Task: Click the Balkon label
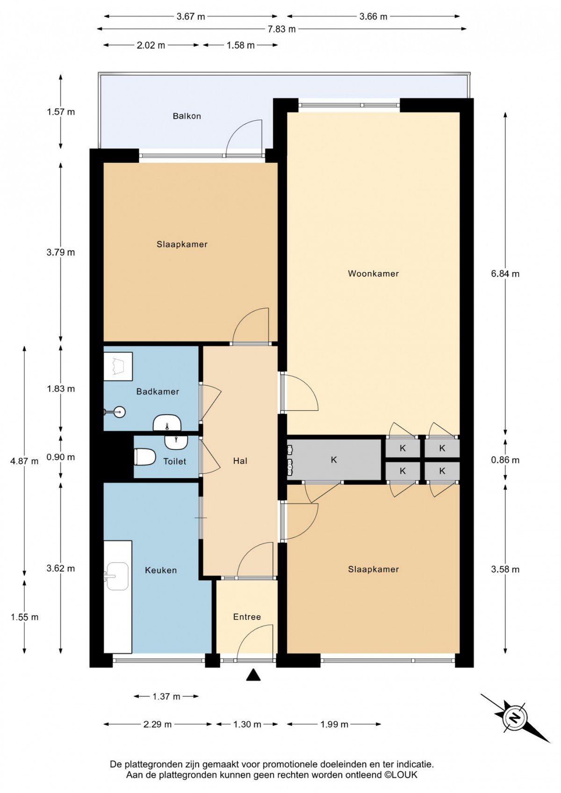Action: (187, 116)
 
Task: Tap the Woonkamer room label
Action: (373, 274)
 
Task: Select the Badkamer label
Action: (158, 391)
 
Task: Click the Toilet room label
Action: (174, 461)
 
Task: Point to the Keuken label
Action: (161, 570)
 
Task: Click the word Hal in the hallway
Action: (240, 461)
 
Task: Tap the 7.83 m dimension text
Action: (281, 29)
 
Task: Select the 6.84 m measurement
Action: (505, 274)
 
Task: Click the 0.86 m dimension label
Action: (505, 460)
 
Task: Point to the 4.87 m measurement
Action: (24, 461)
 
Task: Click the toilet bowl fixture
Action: (144, 457)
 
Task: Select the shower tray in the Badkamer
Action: (118, 367)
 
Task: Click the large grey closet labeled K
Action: (333, 460)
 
